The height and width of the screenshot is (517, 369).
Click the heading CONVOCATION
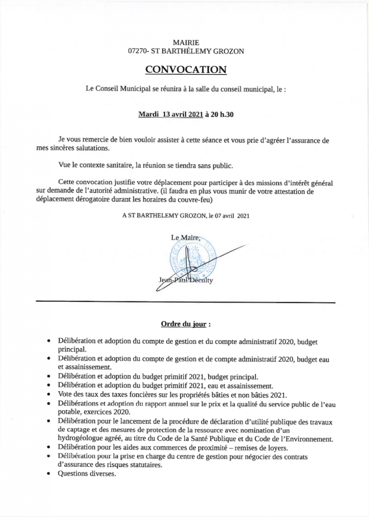186,69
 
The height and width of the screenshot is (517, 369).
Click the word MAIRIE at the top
186,42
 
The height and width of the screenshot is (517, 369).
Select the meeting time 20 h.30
222,115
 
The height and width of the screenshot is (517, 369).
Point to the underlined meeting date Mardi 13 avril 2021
170,115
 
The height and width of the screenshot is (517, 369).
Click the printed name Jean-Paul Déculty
185,281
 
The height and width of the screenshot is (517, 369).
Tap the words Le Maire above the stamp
186,237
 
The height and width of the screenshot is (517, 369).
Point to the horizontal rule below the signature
186,302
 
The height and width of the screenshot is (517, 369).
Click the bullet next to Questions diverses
49,473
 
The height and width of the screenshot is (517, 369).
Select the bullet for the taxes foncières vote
49,395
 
